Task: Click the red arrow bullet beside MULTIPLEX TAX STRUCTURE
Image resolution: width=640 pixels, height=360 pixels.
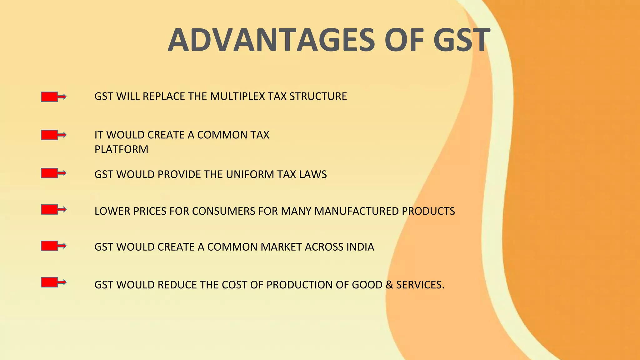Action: pos(53,97)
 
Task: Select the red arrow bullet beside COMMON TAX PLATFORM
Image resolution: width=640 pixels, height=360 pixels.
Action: pos(53,135)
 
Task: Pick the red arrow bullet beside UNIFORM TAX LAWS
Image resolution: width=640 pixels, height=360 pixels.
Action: pos(53,173)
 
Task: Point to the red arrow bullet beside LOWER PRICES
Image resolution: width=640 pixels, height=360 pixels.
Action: pos(53,209)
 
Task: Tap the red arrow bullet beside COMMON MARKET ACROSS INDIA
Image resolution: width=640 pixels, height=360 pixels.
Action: pos(53,246)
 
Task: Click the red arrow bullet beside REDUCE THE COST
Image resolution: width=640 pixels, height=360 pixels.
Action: pos(53,282)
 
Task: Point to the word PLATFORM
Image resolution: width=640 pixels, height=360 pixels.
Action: pos(121,149)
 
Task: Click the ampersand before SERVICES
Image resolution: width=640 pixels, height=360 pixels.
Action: pos(389,285)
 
